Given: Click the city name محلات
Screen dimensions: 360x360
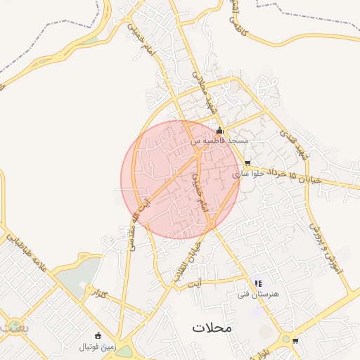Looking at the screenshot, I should click(212, 328).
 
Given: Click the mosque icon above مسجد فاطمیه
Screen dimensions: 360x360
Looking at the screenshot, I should click(219, 130).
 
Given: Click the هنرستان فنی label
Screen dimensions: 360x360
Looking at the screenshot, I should click(259, 294).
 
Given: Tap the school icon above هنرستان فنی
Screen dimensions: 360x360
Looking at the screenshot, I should click(257, 284).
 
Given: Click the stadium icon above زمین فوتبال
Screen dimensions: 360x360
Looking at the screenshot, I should click(97, 335).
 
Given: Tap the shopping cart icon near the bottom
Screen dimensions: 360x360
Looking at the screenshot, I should click(295, 341).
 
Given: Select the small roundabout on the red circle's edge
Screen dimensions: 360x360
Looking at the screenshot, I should click(211, 224).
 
